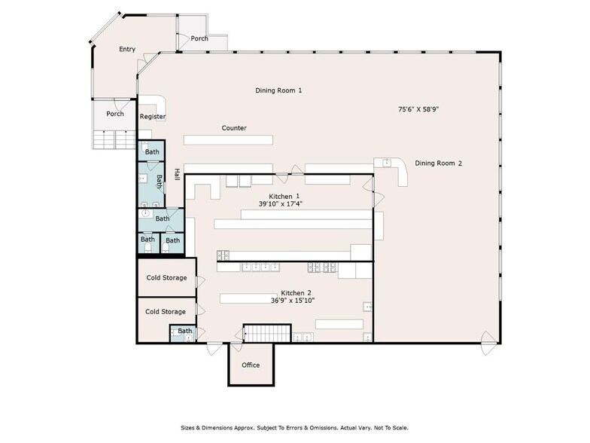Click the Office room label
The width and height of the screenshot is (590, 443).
click(251, 365)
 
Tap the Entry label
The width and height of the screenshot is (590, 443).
click(127, 50)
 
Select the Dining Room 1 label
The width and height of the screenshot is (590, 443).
click(278, 90)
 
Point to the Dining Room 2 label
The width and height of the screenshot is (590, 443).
click(438, 163)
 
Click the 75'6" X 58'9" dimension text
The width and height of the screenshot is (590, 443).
click(418, 110)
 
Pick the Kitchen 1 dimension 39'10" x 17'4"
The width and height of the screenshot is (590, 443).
click(281, 203)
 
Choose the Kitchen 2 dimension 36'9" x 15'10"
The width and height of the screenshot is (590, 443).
click(293, 301)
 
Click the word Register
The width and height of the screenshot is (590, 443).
click(153, 117)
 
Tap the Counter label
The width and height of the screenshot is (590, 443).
click(234, 128)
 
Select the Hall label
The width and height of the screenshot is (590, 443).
click(176, 174)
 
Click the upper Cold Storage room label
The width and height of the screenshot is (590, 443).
click(166, 277)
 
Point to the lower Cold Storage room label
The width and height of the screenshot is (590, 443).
click(166, 312)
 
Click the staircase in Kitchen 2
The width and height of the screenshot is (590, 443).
click(267, 333)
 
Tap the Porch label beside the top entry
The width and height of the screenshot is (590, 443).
click(199, 38)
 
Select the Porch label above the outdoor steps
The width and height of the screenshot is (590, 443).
click(115, 114)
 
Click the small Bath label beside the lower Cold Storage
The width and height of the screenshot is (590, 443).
click(185, 331)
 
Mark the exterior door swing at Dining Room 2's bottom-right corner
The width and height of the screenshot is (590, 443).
click(489, 343)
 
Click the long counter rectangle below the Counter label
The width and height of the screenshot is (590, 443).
click(228, 140)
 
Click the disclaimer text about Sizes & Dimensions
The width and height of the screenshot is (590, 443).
click(295, 428)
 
